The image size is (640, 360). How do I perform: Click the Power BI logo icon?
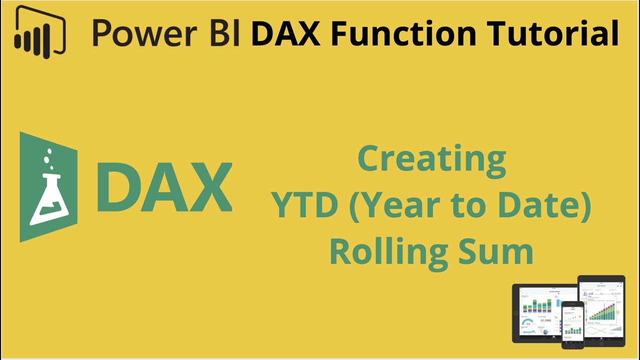tap(40, 32)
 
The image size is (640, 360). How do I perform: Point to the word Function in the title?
tap(402, 33)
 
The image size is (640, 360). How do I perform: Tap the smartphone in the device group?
tap(572, 325)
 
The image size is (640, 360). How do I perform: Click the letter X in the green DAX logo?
tap(208, 187)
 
